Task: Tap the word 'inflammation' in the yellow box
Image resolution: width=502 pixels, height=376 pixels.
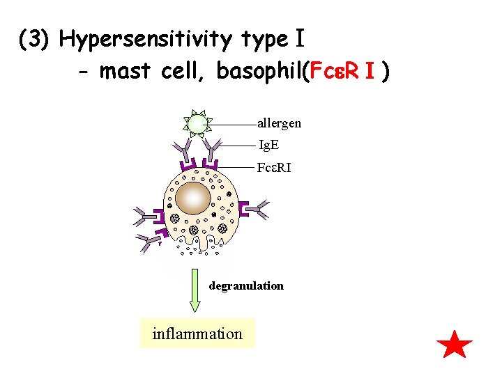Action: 197,334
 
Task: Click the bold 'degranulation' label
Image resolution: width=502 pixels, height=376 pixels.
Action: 246,285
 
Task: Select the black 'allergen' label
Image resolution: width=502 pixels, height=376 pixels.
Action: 279,123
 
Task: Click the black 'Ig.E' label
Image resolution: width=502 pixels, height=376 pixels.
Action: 269,146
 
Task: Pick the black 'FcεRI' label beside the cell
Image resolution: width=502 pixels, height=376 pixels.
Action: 273,168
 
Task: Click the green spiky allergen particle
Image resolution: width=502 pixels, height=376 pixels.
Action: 197,124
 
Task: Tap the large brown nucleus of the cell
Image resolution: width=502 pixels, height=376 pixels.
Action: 193,198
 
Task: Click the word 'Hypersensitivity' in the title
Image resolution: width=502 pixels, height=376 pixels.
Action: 174,40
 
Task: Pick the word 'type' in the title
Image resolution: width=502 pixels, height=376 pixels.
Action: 261,40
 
